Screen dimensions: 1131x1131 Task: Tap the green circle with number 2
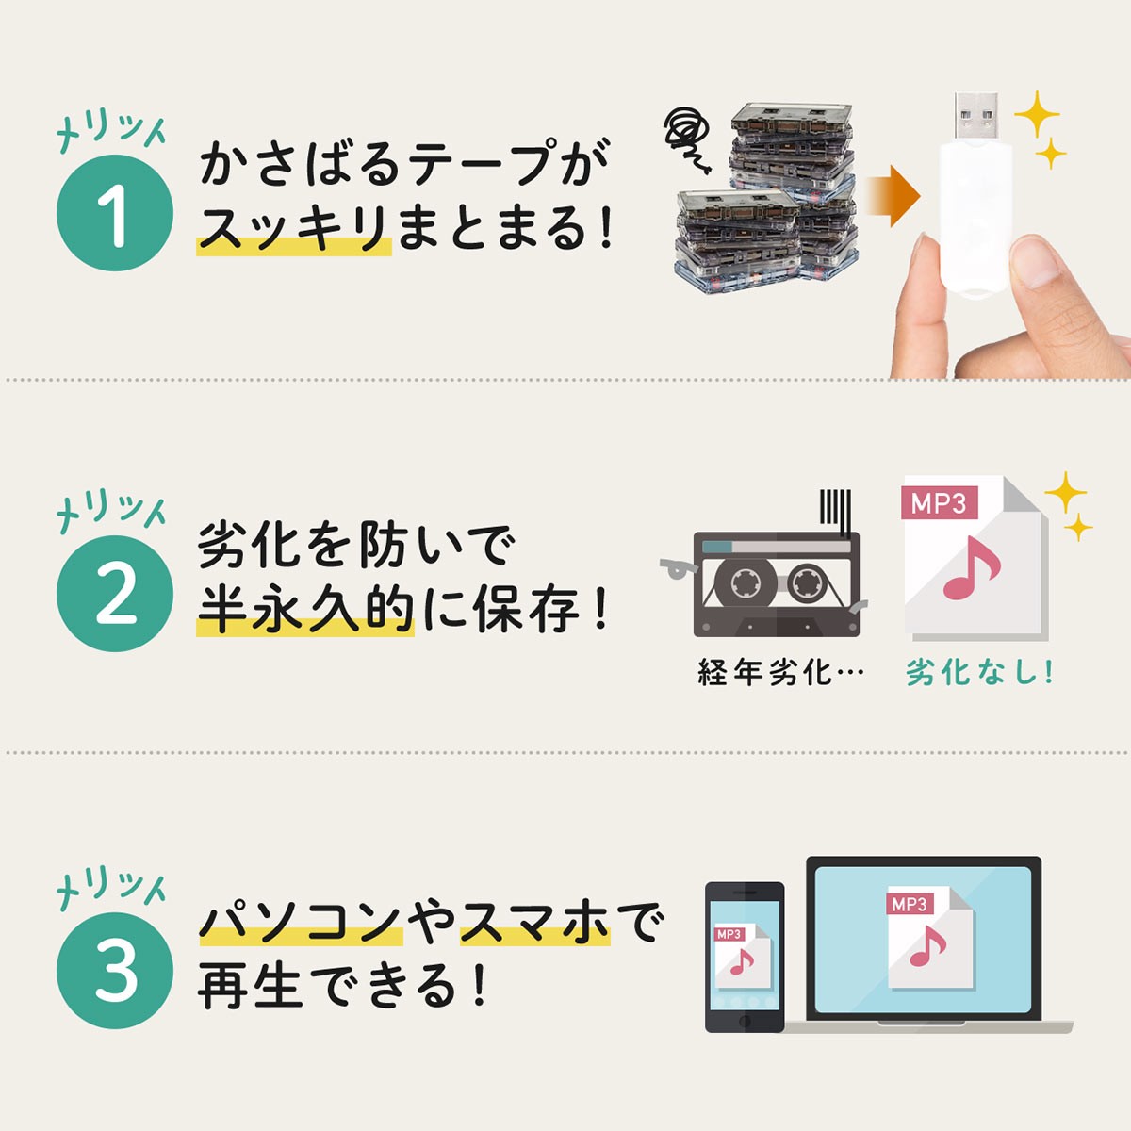(x=115, y=594)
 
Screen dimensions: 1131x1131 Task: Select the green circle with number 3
(x=115, y=971)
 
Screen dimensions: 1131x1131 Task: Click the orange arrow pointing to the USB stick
(x=890, y=197)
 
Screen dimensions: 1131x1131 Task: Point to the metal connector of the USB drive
(x=975, y=117)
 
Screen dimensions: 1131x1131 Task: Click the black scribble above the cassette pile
(x=687, y=136)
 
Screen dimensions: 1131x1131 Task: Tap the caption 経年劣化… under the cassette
(x=780, y=673)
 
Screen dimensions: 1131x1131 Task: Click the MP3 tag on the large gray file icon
(x=939, y=503)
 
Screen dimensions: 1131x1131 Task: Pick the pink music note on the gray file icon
(x=972, y=571)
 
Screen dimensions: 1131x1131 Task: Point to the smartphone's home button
(x=745, y=1022)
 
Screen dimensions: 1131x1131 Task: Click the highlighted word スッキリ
(x=293, y=228)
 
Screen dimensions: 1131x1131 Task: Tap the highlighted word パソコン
(x=300, y=922)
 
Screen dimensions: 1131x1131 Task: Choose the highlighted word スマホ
(x=534, y=922)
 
